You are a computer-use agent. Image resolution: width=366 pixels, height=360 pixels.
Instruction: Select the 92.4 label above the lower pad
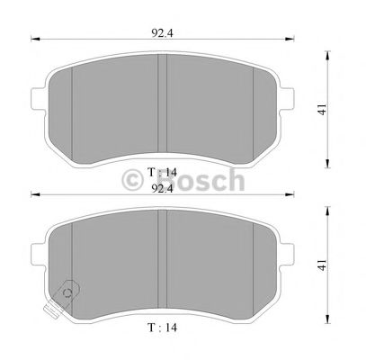tap(162, 190)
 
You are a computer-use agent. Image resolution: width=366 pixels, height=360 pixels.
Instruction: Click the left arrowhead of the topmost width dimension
tap(34, 39)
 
